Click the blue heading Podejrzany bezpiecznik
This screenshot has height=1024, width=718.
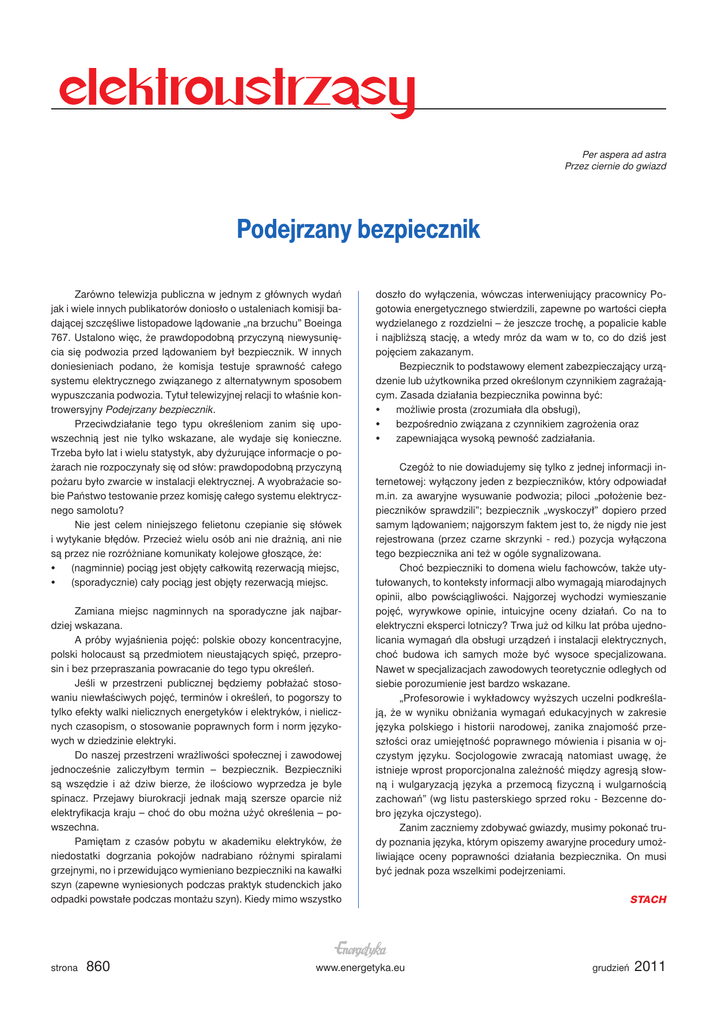(358, 230)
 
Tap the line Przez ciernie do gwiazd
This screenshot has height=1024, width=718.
(615, 167)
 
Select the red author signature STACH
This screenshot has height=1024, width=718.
(647, 900)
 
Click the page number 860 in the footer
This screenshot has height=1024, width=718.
(98, 967)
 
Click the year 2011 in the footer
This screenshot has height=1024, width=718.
(649, 967)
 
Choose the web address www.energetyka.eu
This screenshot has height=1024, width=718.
(359, 969)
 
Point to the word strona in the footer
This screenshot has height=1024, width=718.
(64, 969)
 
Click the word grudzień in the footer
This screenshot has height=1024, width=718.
(609, 969)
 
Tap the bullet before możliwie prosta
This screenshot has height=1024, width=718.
(378, 410)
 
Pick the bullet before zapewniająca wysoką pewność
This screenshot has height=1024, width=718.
(378, 438)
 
